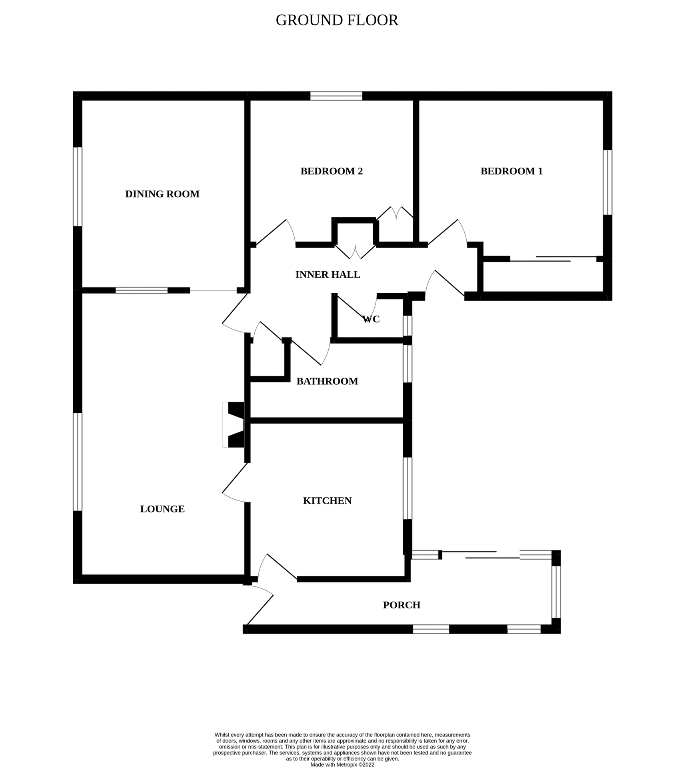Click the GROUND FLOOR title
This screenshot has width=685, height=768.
pyautogui.click(x=337, y=20)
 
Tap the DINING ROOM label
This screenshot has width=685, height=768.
pyautogui.click(x=162, y=194)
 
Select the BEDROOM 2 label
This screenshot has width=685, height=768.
pyautogui.click(x=331, y=171)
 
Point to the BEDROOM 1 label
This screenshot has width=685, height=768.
pyautogui.click(x=511, y=171)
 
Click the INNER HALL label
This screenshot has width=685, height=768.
pyautogui.click(x=328, y=275)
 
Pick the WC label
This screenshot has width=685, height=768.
pyautogui.click(x=371, y=319)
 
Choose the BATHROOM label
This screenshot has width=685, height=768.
pyautogui.click(x=327, y=381)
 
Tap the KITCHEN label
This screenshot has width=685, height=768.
pyautogui.click(x=327, y=501)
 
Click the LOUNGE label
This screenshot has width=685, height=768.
pyautogui.click(x=162, y=509)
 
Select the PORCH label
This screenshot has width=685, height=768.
pyautogui.click(x=401, y=605)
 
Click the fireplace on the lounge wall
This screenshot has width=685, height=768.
pyautogui.click(x=234, y=424)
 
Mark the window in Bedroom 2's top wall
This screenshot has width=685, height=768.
pyautogui.click(x=336, y=96)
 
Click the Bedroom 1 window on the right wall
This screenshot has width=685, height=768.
pyautogui.click(x=607, y=182)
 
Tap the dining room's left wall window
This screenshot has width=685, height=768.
pyautogui.click(x=77, y=186)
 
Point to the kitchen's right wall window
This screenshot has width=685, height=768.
pyautogui.click(x=407, y=488)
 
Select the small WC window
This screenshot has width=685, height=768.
pyautogui.click(x=407, y=325)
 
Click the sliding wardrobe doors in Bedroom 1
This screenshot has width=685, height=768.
pyautogui.click(x=554, y=259)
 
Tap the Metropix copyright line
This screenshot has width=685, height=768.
pyautogui.click(x=342, y=764)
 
